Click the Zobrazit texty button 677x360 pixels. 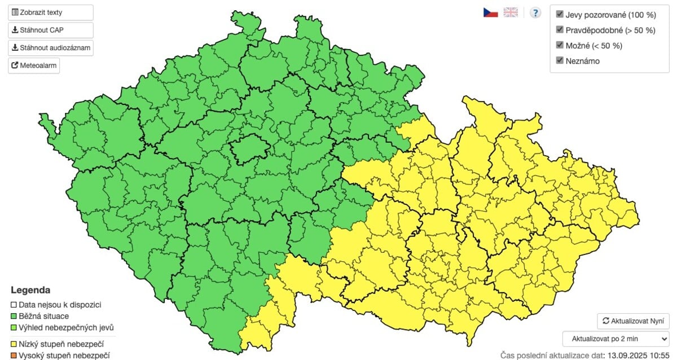(x=50, y=12)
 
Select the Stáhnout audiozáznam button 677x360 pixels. (x=50, y=48)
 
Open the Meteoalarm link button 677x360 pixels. (x=34, y=66)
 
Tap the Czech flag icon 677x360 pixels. (x=490, y=12)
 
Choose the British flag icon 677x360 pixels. (x=511, y=12)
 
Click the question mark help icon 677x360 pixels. (x=535, y=12)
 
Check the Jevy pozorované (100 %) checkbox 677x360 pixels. (x=560, y=14)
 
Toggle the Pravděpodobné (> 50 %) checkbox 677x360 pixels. (x=560, y=29)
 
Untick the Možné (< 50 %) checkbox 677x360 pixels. (x=560, y=45)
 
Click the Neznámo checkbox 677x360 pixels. (x=560, y=60)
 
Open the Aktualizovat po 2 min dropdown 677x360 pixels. (x=616, y=339)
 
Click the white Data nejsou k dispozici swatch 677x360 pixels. (x=14, y=305)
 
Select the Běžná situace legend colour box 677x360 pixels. (x=14, y=316)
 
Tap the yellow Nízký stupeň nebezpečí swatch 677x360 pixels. (x=14, y=344)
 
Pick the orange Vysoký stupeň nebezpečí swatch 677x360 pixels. (x=14, y=355)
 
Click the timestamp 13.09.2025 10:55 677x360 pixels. (x=637, y=355)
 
